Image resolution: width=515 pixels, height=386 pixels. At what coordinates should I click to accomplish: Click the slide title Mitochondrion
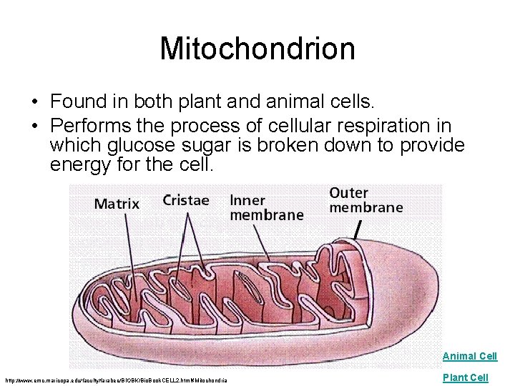(x=257, y=49)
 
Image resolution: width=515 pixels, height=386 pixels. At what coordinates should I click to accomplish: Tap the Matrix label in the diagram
(x=117, y=204)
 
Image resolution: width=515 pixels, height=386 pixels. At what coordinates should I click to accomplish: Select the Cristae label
(x=186, y=200)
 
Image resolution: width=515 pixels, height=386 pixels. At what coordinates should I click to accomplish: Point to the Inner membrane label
(x=266, y=207)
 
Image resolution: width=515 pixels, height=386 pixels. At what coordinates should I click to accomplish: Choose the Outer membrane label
(x=366, y=200)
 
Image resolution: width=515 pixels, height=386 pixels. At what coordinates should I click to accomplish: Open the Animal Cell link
(x=469, y=356)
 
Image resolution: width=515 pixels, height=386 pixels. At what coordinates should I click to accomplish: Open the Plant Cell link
(x=465, y=377)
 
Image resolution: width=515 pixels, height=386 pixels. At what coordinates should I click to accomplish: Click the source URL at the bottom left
(x=115, y=380)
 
